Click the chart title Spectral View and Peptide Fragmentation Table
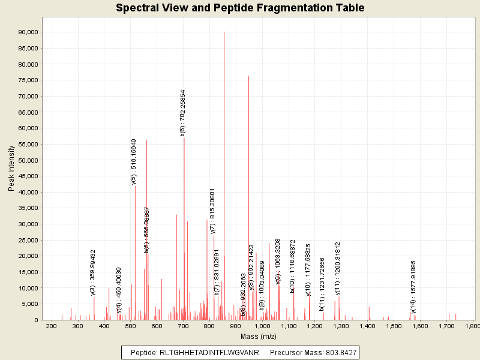point(240,8)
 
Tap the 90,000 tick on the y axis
point(29,32)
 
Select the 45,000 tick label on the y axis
point(29,176)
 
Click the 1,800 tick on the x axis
point(473,326)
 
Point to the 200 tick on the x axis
point(52,326)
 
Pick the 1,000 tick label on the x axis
point(262,326)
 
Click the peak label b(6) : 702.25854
point(183,113)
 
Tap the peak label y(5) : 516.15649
point(134,161)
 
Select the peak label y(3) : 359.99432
point(93,272)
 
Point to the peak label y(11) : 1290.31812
point(338,268)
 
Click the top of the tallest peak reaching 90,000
point(224,32)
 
